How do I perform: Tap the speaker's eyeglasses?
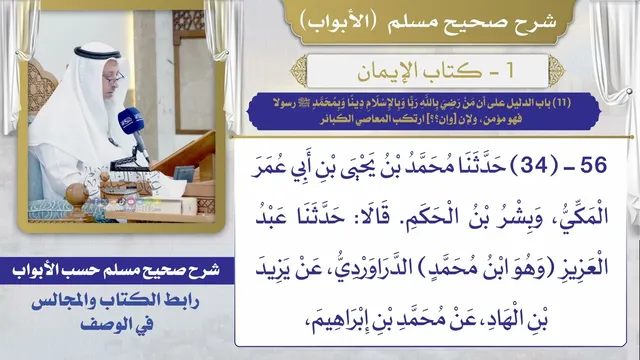pos(114,78)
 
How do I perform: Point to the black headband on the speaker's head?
pos(97,53)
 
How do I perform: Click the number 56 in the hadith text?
pos(593,166)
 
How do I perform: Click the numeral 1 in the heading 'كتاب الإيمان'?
pos(509,71)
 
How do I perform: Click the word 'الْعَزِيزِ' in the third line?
pos(584,267)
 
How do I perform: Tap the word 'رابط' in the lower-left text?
pos(180,301)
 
